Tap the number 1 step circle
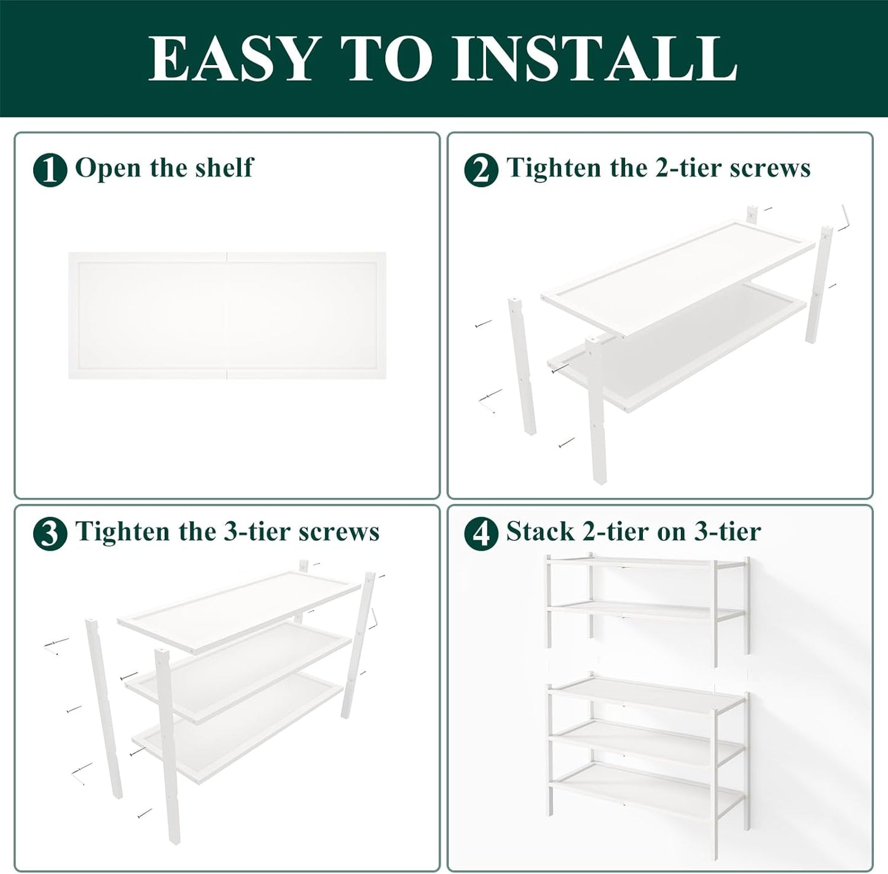(x=50, y=170)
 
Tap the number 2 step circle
(x=481, y=170)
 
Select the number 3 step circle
(x=50, y=533)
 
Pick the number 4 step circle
(x=481, y=533)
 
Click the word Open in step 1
(x=108, y=168)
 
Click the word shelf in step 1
(x=224, y=168)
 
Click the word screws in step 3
(x=339, y=532)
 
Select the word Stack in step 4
(x=540, y=532)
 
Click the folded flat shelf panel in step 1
(x=227, y=315)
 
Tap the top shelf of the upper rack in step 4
(x=645, y=562)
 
